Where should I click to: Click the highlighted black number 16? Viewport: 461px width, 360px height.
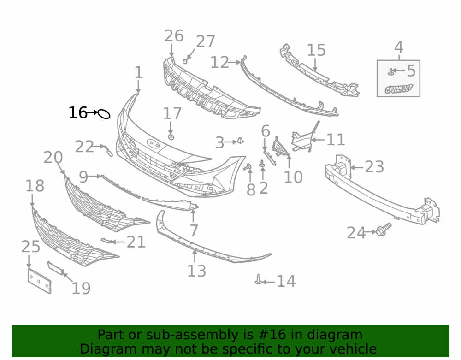click(78, 113)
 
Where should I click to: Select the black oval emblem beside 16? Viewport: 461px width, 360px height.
click(104, 114)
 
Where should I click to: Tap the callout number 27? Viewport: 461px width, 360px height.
click(206, 41)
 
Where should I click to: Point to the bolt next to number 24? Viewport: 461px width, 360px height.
click(384, 229)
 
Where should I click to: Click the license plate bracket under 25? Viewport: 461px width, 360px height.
click(39, 281)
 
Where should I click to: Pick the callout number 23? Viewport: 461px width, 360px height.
click(374, 167)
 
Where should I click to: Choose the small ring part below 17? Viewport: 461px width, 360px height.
click(171, 137)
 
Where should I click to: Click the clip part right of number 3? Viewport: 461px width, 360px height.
click(241, 141)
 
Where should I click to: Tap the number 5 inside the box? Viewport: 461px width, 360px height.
click(411, 71)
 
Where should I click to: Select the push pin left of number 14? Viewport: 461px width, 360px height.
click(259, 279)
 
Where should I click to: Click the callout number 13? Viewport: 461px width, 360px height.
click(197, 271)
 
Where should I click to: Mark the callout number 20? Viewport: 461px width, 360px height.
click(53, 158)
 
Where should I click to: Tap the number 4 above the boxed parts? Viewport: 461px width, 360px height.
click(398, 47)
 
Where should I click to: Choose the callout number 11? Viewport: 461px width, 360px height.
click(336, 140)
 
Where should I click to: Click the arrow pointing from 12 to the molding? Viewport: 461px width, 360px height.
click(235, 63)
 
